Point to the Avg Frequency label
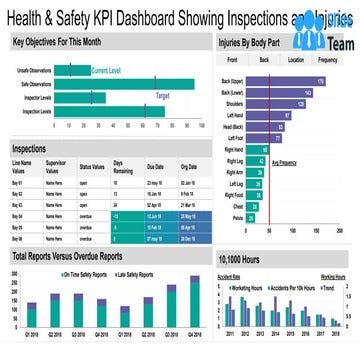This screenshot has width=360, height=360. point(288,162)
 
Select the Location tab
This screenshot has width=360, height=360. point(296,60)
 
